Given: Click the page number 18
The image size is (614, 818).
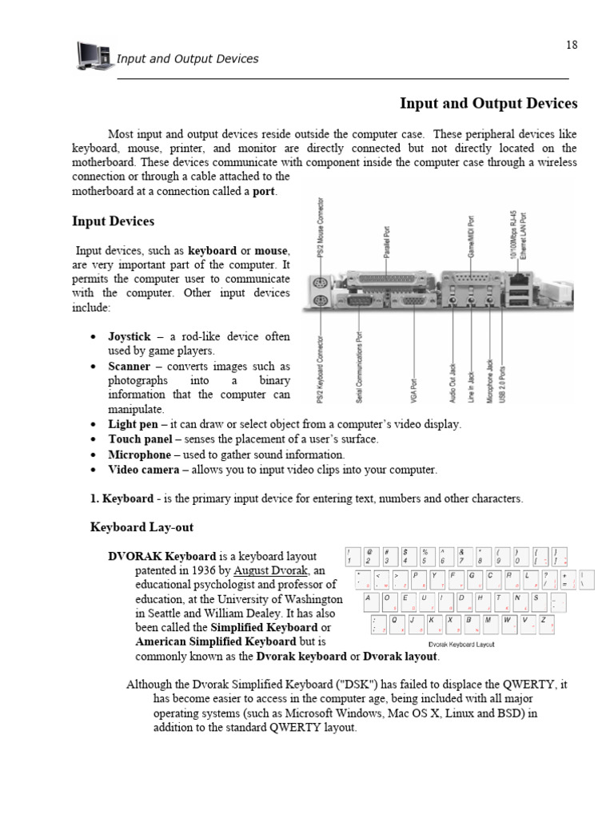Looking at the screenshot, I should pyautogui.click(x=571, y=45).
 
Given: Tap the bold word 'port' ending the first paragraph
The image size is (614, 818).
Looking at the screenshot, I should pyautogui.click(x=264, y=192).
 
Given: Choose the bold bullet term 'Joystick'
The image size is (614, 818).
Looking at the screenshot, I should pyautogui.click(x=130, y=337).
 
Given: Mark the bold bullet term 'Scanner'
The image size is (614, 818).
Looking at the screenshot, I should pyautogui.click(x=130, y=366).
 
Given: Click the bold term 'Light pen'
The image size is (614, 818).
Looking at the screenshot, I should pyautogui.click(x=134, y=424).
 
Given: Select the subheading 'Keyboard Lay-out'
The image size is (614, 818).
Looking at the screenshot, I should pyautogui.click(x=142, y=528).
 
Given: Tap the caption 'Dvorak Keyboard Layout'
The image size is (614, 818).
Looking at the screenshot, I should pyautogui.click(x=461, y=644).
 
